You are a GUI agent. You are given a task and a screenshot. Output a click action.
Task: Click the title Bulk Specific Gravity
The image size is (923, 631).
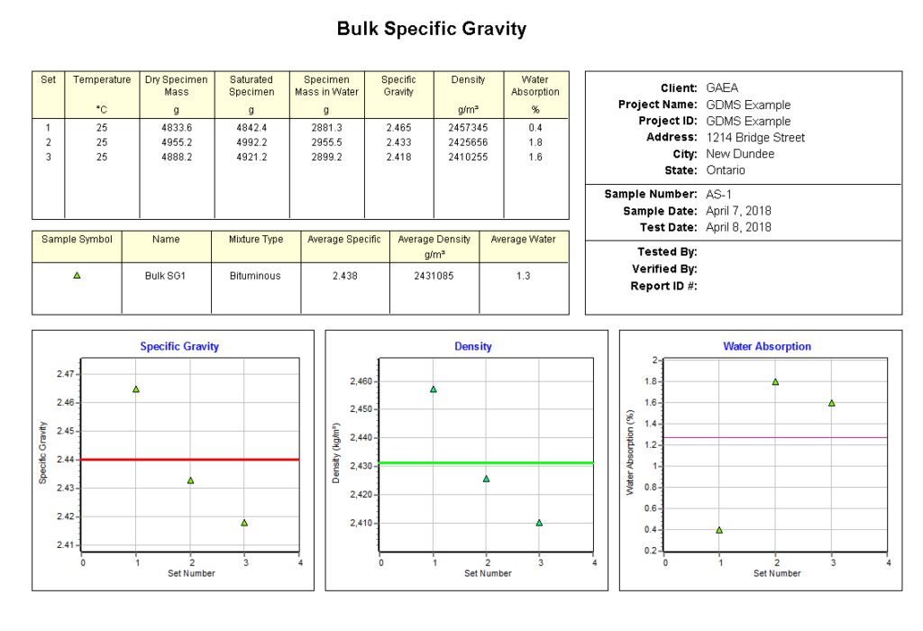coord(431,29)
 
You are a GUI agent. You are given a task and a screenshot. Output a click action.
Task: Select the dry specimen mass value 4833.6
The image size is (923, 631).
coord(176,128)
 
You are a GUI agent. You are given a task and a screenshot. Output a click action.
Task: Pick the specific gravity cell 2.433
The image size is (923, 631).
coord(398,142)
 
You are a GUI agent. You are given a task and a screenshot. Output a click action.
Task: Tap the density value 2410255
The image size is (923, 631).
coord(468,157)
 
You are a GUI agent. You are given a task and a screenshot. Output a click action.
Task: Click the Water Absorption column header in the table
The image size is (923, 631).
coord(535,86)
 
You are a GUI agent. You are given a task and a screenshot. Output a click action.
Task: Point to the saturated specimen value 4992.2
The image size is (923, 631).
coord(251,142)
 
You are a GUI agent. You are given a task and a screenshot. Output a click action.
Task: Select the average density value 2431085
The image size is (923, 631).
coord(434,276)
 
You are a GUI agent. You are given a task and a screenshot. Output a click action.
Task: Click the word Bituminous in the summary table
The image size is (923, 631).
coord(256,276)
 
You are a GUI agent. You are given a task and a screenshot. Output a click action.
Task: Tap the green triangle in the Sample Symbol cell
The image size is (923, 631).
coord(77,275)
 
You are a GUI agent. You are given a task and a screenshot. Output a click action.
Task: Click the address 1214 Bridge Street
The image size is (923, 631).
coord(755,138)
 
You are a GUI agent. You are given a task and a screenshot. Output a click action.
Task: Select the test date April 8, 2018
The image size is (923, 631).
coord(738,227)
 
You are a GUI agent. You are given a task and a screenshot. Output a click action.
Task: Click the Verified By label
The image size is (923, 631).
coord(663,269)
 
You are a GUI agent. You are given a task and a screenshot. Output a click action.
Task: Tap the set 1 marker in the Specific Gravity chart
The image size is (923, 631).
coord(136,389)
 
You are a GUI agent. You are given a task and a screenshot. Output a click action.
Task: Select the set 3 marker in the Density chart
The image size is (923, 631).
coord(540,523)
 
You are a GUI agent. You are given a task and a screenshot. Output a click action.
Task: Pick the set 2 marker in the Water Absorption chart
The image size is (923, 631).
coord(775,381)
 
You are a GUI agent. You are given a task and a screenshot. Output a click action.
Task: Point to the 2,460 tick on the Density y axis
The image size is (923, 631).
coord(359,381)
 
